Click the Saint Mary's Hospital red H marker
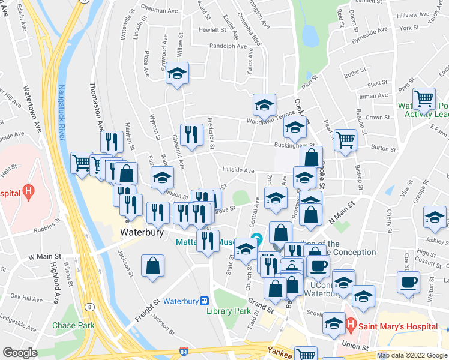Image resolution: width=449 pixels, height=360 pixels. pos(351,326)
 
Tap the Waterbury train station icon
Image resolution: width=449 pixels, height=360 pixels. pos(205,301)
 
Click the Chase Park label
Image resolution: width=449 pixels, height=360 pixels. pos(73,325)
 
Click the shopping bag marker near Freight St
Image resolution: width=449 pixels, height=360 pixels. pos(153,266)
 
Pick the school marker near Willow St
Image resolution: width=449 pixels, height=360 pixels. pos(177,73)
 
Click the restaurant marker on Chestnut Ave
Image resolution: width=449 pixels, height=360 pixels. pos(191,135)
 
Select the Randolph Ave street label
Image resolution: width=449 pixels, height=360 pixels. pos(228,46)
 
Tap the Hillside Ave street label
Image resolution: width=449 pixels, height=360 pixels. pos(238,170)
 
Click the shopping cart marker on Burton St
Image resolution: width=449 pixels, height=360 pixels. pos(345,141)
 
